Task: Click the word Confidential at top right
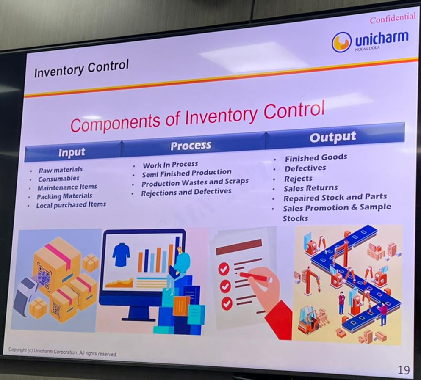click(393, 18)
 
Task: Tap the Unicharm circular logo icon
click(341, 42)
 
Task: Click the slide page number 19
click(404, 370)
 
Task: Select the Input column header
click(72, 152)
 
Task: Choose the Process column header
click(191, 145)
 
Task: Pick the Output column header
click(332, 137)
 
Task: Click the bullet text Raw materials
click(61, 170)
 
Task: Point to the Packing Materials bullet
click(64, 196)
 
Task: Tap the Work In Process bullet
click(171, 164)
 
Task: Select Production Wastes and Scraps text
click(195, 183)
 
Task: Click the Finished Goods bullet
click(316, 158)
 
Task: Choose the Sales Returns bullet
click(310, 188)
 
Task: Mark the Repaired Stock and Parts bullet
click(335, 198)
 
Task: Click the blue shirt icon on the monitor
click(121, 254)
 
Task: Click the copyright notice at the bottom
click(62, 352)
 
